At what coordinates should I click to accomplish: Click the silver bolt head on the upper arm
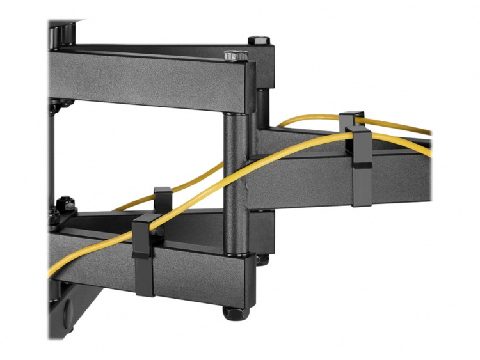(235, 56)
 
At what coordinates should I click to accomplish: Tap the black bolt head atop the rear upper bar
(259, 40)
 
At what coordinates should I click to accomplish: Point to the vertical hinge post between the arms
(236, 179)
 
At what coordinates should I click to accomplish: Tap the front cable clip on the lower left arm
(143, 255)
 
